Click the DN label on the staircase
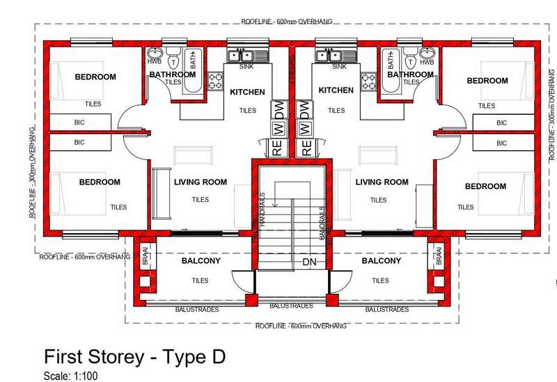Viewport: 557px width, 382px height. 309,262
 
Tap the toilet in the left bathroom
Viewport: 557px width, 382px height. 173,58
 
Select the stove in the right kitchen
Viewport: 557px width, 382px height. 369,81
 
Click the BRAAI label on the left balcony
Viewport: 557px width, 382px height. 145,256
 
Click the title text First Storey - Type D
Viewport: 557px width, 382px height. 134,356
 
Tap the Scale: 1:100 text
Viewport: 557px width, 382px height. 70,376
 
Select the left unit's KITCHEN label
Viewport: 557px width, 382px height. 247,92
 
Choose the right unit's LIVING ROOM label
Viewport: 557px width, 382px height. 382,182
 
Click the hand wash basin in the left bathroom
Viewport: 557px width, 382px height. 155,53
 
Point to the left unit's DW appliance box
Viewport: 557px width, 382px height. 280,110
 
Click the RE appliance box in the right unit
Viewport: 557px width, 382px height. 306,148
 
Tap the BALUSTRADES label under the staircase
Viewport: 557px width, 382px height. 291,306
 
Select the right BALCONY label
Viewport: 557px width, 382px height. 381,261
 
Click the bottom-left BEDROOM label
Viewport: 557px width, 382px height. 100,182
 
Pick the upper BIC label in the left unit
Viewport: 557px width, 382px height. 79,122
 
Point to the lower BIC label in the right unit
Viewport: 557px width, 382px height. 501,143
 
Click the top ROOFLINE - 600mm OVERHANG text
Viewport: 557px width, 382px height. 287,22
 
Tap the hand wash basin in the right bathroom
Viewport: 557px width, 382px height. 427,53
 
